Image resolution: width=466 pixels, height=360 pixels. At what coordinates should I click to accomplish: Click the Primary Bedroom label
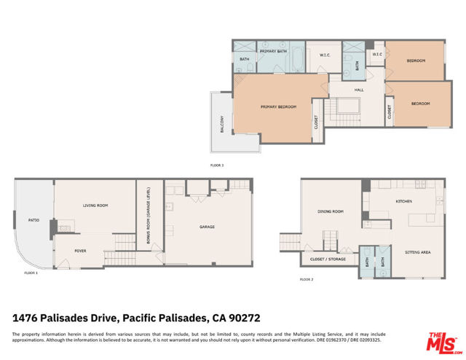(x=279, y=107)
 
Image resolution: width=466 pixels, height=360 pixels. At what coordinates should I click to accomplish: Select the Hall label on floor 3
(x=359, y=90)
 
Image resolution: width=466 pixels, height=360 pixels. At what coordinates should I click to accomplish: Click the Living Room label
(x=95, y=206)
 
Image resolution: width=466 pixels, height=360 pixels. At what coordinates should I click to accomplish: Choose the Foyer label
(x=80, y=251)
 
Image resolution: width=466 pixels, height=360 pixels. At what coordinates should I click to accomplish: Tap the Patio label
(x=33, y=218)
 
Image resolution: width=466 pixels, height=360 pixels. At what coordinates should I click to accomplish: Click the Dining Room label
(x=331, y=212)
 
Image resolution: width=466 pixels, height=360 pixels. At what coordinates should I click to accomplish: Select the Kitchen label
(x=404, y=200)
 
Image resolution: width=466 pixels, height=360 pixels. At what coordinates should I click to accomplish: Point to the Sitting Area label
(x=417, y=251)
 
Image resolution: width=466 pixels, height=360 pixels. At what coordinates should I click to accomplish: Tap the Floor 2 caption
(x=307, y=279)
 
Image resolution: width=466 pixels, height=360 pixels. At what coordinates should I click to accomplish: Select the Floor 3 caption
(x=217, y=165)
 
